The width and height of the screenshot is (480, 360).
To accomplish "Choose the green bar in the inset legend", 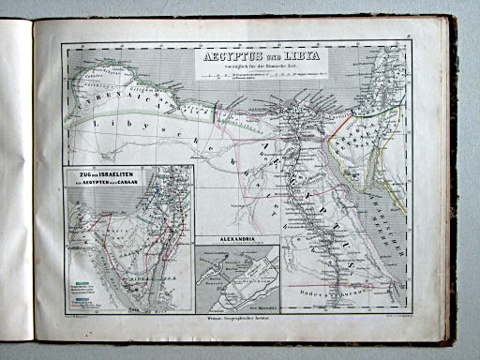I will [83, 280].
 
